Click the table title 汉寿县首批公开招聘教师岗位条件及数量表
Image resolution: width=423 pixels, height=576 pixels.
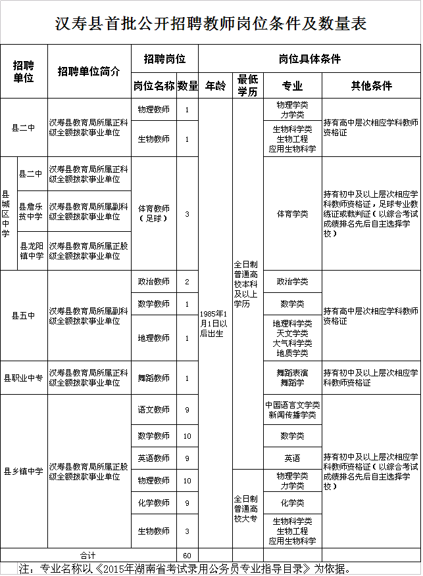click(x=211, y=24)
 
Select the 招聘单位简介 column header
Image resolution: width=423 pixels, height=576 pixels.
click(x=89, y=72)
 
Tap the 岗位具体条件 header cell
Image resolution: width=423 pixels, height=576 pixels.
click(x=309, y=58)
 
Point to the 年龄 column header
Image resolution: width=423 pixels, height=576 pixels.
click(x=215, y=85)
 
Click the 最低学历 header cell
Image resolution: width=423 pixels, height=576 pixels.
click(x=248, y=85)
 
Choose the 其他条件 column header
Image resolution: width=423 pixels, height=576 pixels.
click(x=371, y=85)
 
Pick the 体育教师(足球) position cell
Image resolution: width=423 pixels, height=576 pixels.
click(x=153, y=213)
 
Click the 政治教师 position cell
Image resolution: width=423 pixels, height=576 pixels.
click(x=153, y=282)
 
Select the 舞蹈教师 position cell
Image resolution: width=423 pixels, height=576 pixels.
click(x=153, y=378)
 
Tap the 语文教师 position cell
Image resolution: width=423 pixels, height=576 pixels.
click(x=153, y=409)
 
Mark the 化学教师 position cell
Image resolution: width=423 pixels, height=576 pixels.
click(x=153, y=502)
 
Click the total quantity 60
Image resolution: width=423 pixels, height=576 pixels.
click(x=187, y=556)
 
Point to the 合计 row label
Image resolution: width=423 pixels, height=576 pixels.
click(x=88, y=556)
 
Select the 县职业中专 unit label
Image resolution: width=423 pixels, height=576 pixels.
click(x=24, y=378)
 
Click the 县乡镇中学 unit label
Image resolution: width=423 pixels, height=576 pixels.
click(x=24, y=471)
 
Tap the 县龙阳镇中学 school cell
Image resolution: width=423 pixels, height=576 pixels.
click(x=32, y=251)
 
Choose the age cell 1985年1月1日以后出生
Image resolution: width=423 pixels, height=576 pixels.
click(x=215, y=323)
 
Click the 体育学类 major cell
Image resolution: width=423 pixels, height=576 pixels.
click(x=292, y=213)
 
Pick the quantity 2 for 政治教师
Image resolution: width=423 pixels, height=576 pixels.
click(x=187, y=282)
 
